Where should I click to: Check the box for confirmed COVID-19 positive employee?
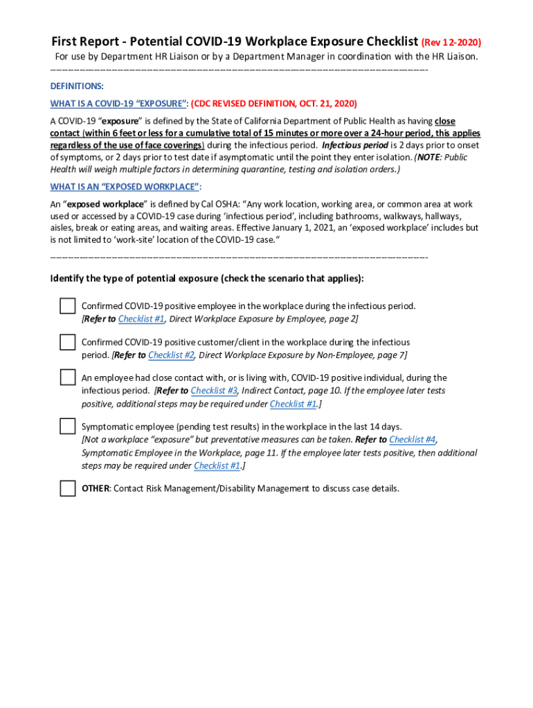(67, 306)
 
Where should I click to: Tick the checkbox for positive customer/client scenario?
(67, 342)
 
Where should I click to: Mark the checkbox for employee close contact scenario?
(67, 378)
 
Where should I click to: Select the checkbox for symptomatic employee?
(67, 426)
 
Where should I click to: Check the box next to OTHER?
(67, 488)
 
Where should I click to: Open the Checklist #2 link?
(171, 355)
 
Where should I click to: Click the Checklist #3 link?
(213, 391)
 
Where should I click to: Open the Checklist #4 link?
(412, 439)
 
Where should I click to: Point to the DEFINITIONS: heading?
(77, 86)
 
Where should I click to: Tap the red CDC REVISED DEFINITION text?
(274, 104)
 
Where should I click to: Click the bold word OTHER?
(96, 488)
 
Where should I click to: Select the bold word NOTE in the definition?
(428, 157)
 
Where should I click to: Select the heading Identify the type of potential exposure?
(206, 279)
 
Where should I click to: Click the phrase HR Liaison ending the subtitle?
(452, 57)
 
